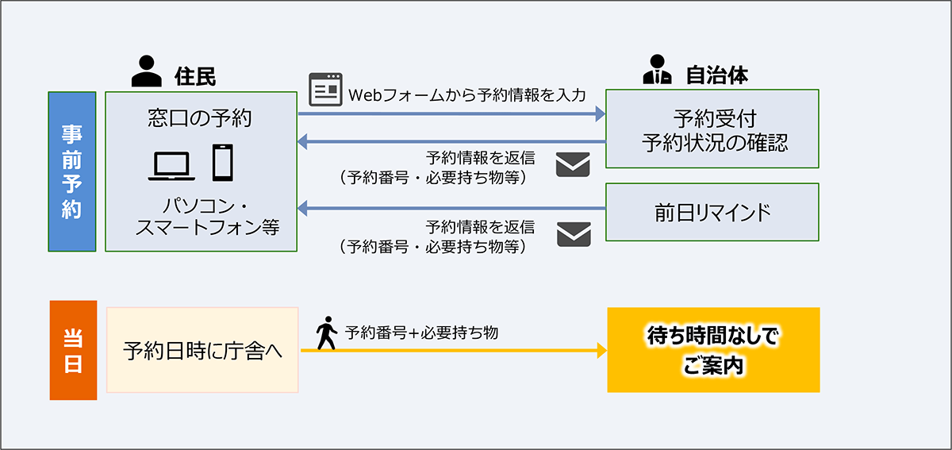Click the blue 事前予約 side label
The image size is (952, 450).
coord(71,171)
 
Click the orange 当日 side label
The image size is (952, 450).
coord(72,349)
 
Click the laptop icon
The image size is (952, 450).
coord(171,164)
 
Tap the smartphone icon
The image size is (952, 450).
coord(223,162)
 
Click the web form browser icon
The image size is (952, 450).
coord(325,90)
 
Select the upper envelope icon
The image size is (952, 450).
coord(573,165)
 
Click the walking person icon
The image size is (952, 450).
coord(326,334)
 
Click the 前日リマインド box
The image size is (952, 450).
coord(712,212)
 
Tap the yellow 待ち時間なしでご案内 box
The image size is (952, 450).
coord(712,350)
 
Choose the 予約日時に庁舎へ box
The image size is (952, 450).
coord(202,350)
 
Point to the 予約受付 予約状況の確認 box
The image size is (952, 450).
coord(712,129)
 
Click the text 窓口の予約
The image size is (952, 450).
coord(200,118)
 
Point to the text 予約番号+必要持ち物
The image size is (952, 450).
coord(421,333)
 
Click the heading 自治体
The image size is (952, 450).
coord(716,75)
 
